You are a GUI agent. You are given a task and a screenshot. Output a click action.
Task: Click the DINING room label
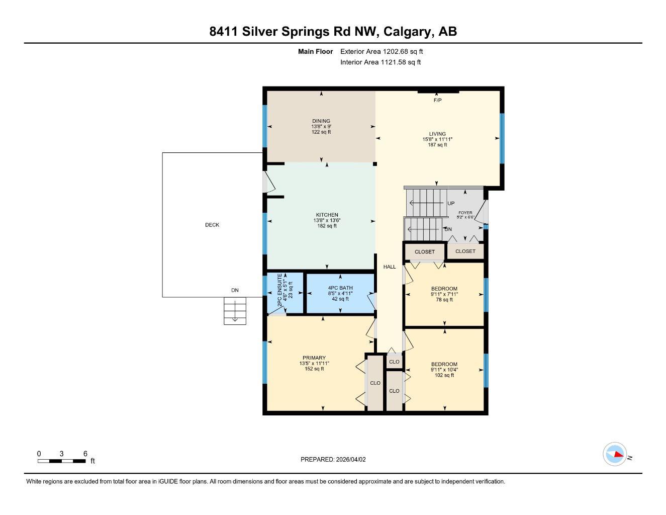[x=321, y=121]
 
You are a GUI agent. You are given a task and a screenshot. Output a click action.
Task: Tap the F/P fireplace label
[x=437, y=101]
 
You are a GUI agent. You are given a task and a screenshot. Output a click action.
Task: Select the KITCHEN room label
[x=327, y=215]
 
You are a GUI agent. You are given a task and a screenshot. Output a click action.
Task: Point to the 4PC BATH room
[x=340, y=293]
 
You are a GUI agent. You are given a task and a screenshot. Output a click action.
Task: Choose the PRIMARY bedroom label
[x=314, y=358]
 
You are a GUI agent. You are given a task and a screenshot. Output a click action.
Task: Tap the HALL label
[x=390, y=267]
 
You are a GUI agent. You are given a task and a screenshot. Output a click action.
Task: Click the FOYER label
[x=465, y=213]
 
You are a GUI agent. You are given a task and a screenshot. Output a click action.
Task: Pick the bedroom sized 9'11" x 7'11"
[x=444, y=294]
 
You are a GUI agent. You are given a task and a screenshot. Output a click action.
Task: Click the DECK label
[x=212, y=225]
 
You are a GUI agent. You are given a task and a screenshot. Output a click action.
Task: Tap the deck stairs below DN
[x=235, y=311]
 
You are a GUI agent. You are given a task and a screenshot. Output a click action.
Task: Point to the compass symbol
[x=615, y=454]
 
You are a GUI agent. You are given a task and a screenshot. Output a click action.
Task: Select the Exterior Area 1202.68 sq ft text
[x=382, y=51]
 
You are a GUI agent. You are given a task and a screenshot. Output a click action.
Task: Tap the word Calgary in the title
[x=407, y=32]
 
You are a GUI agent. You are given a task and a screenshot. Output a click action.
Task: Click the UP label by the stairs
[x=451, y=203]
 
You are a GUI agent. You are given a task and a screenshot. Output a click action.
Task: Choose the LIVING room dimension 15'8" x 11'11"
[x=437, y=139]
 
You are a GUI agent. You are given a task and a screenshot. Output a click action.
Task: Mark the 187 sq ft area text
[x=437, y=145]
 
